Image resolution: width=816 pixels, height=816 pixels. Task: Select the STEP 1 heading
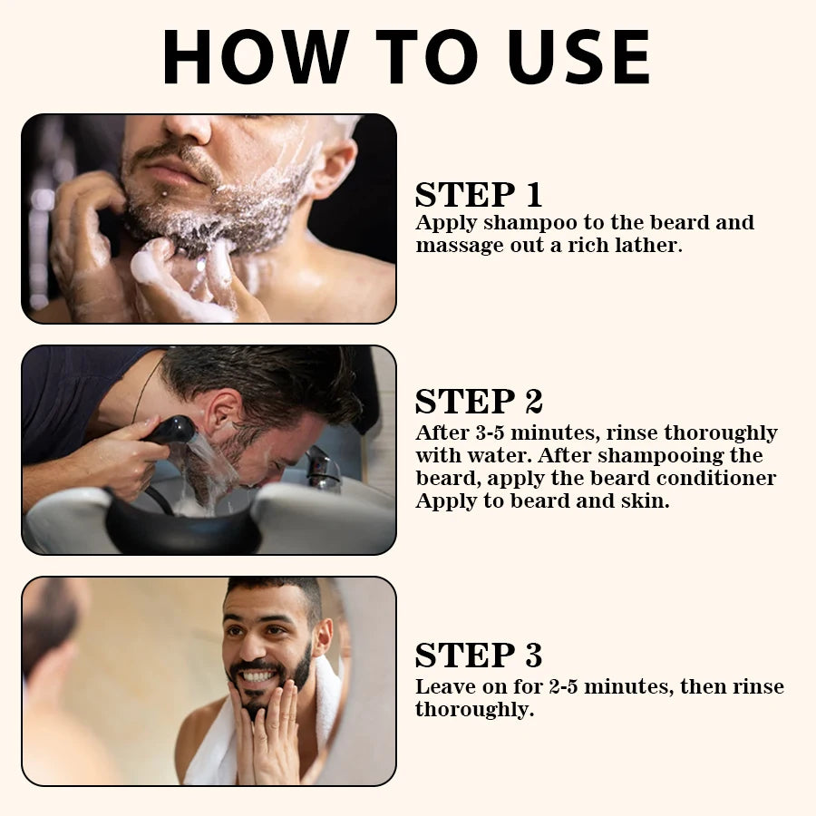[x=478, y=195]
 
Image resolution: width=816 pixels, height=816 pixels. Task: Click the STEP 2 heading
[x=478, y=402]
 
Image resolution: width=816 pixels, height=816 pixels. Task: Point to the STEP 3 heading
[x=478, y=655]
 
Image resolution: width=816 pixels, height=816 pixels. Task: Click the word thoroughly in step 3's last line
[x=472, y=710]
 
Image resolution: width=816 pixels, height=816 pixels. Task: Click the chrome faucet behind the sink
[x=322, y=467]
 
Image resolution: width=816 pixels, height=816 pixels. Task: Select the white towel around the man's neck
[x=213, y=753]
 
